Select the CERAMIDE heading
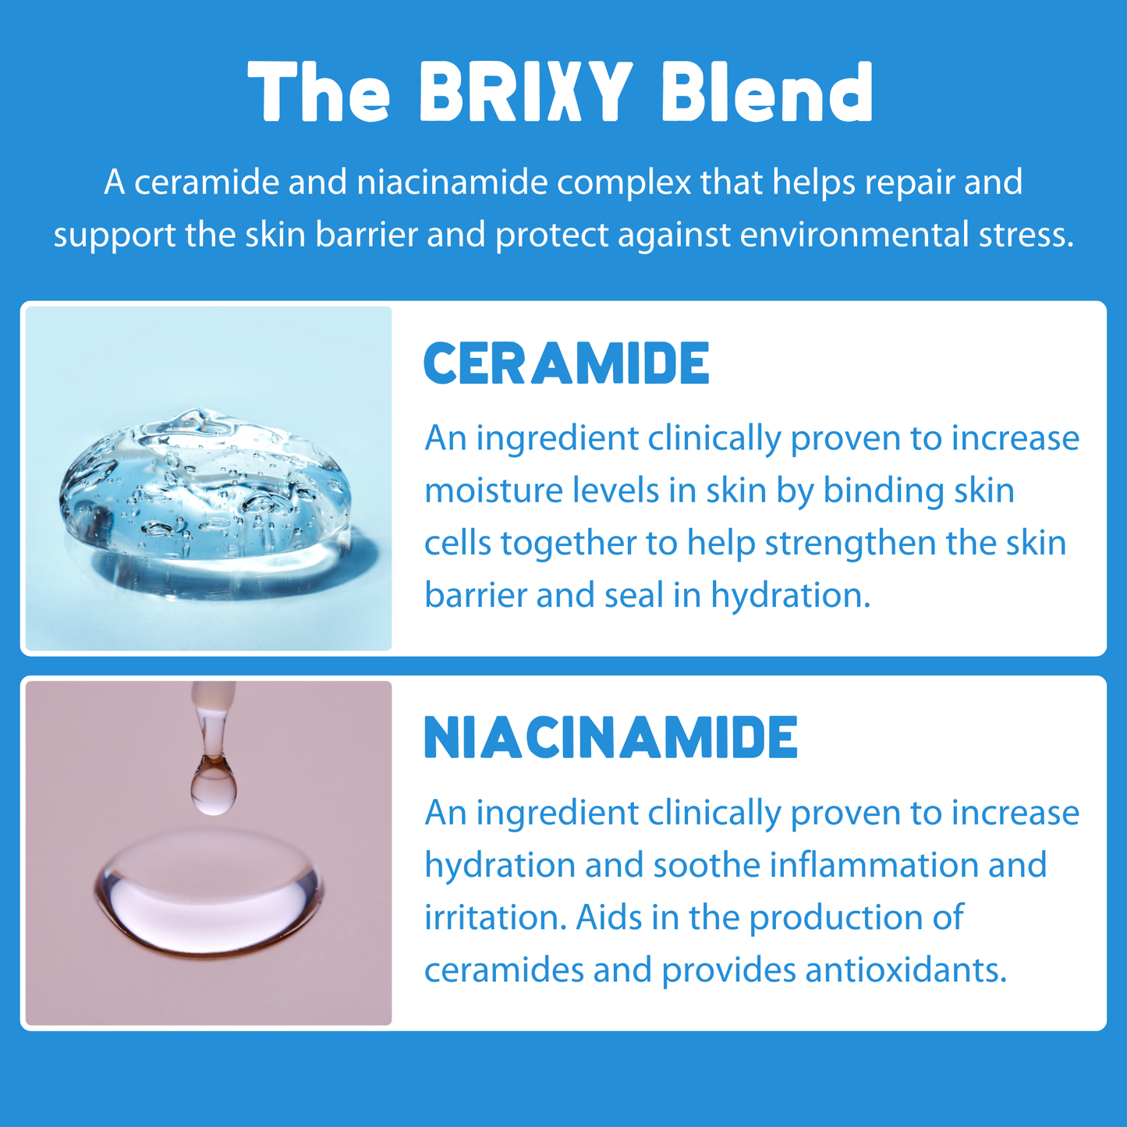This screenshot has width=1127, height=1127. pyautogui.click(x=566, y=363)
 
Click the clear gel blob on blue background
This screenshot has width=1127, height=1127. pyautogui.click(x=205, y=484)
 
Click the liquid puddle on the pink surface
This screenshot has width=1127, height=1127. pyautogui.click(x=207, y=893)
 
